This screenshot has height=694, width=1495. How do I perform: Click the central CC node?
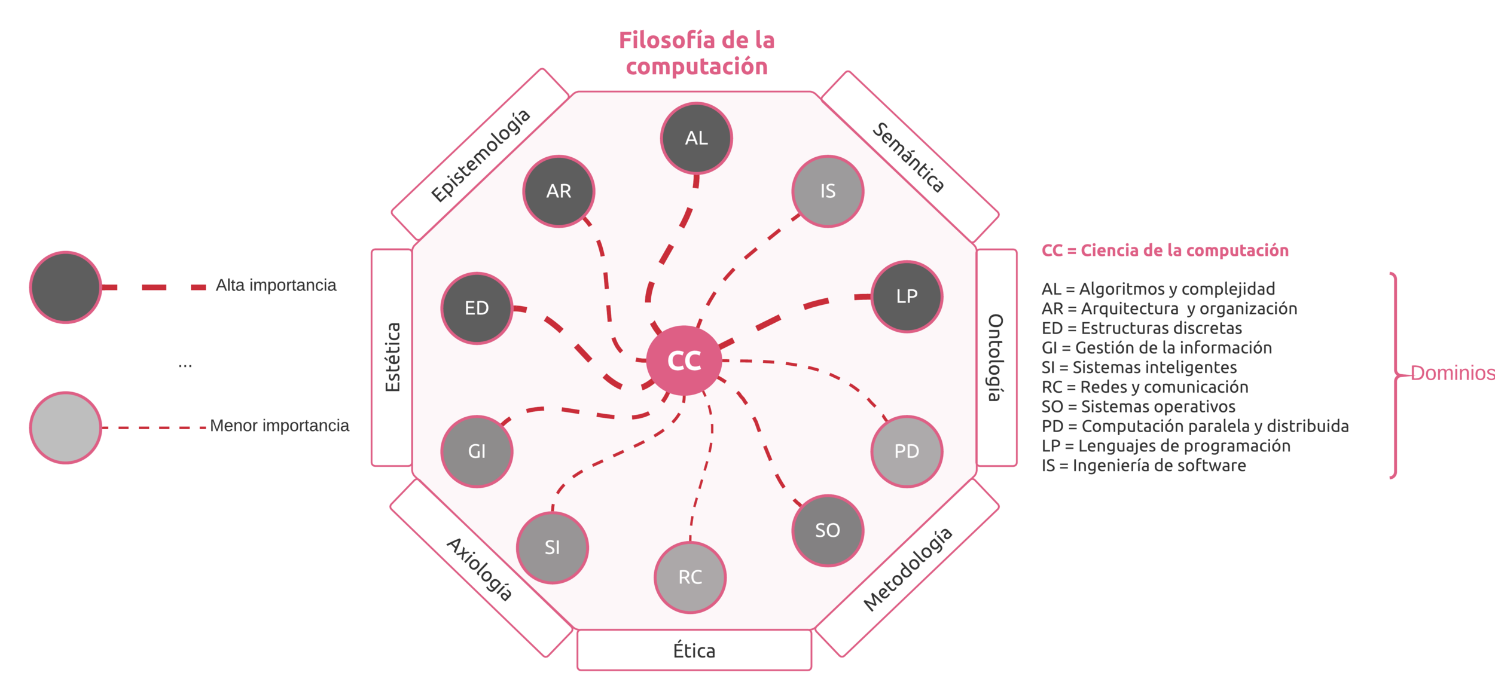pyautogui.click(x=684, y=360)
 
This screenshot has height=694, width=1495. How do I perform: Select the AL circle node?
pyautogui.click(x=696, y=138)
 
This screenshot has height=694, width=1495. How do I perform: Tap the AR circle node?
pyautogui.click(x=559, y=191)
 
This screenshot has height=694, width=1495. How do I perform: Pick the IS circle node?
pyautogui.click(x=828, y=191)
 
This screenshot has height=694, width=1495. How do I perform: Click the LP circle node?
pyautogui.click(x=907, y=296)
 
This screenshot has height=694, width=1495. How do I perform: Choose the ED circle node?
pyautogui.click(x=477, y=308)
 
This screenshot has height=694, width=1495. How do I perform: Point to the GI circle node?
pyautogui.click(x=477, y=451)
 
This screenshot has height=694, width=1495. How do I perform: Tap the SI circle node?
pyautogui.click(x=552, y=548)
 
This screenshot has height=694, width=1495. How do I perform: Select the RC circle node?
pyautogui.click(x=690, y=577)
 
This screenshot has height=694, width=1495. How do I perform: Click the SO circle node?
pyautogui.click(x=828, y=530)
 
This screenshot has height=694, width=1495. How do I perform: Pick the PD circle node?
pyautogui.click(x=907, y=451)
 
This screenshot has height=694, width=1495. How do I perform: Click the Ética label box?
pyautogui.click(x=694, y=650)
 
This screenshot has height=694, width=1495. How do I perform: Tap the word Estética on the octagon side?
pyautogui.click(x=392, y=357)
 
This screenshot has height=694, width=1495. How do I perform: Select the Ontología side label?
pyautogui.click(x=996, y=357)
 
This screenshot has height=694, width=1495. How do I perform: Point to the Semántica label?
pyautogui.click(x=908, y=157)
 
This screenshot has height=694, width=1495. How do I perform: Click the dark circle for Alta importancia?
pyautogui.click(x=65, y=288)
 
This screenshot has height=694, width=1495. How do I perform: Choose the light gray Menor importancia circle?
pyautogui.click(x=65, y=427)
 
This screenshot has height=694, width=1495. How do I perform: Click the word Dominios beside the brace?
pyautogui.click(x=1452, y=373)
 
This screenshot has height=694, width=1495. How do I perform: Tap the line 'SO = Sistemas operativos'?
pyautogui.click(x=1138, y=406)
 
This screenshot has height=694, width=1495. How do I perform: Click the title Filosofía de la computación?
pyautogui.click(x=696, y=53)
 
